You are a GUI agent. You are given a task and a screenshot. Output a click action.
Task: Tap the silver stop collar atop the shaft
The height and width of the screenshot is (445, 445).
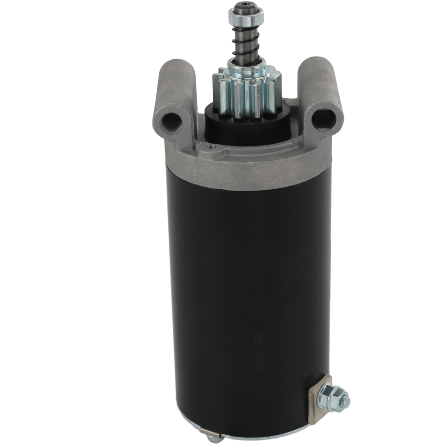(245, 18)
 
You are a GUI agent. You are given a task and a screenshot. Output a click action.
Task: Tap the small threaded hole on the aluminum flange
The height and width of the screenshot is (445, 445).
(213, 148)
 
